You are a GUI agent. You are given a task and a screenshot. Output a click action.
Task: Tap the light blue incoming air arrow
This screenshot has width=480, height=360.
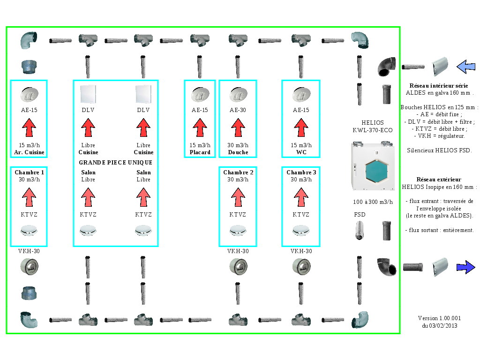pyautogui.click(x=465, y=66)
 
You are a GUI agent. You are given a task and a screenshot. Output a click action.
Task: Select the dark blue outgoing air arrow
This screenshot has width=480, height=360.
pyautogui.click(x=465, y=267)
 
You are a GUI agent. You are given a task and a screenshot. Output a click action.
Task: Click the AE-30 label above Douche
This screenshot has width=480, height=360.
pyautogui.click(x=238, y=110)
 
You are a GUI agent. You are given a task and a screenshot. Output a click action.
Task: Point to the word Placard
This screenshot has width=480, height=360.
pyautogui.click(x=200, y=152)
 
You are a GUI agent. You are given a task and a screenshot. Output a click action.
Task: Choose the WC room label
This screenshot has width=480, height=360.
pyautogui.click(x=300, y=152)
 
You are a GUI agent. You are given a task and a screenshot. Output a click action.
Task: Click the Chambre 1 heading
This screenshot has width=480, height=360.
pyautogui.click(x=29, y=172)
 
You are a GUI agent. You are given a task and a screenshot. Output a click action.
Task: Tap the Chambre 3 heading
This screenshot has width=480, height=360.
pyautogui.click(x=301, y=172)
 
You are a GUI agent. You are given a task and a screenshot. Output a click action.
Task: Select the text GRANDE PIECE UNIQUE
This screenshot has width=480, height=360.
pyautogui.click(x=116, y=163)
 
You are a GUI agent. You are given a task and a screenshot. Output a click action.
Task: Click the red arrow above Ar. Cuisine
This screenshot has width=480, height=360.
pyautogui.click(x=29, y=127)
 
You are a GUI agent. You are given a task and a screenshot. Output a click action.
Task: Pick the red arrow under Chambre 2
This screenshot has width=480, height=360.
pyautogui.click(x=238, y=196)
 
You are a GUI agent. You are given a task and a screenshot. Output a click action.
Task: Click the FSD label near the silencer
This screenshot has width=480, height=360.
pyautogui.click(x=360, y=215)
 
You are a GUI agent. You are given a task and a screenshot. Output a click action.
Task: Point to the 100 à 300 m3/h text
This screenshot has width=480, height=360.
pyautogui.click(x=373, y=202)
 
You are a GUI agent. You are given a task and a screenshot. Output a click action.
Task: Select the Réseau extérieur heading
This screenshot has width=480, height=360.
pyautogui.click(x=438, y=180)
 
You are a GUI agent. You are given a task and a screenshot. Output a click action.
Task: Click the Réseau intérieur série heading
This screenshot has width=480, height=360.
pyautogui.click(x=439, y=86)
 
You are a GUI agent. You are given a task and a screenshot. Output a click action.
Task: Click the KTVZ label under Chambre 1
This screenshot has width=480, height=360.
pyautogui.click(x=29, y=215)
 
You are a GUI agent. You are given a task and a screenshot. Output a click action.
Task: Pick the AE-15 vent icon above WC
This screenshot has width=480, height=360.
pyautogui.click(x=300, y=94)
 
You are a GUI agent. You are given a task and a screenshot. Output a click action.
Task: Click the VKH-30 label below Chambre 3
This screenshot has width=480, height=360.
pyautogui.click(x=300, y=251)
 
